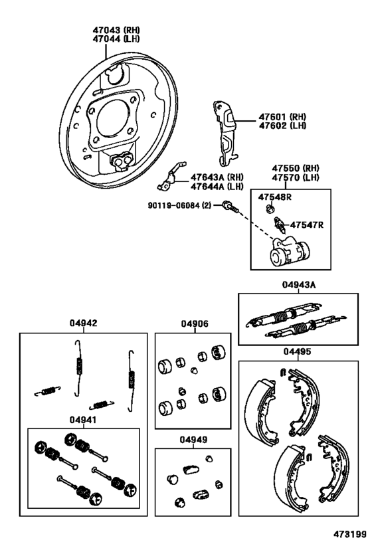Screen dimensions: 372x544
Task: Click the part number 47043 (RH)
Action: (x=116, y=30)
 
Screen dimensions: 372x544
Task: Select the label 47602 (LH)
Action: (x=282, y=126)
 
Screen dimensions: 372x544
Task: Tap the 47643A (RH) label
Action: (x=217, y=177)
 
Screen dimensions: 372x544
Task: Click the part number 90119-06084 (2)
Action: (x=179, y=206)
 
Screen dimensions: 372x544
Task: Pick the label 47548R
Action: (x=274, y=197)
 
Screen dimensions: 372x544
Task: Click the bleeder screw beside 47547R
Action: (x=280, y=225)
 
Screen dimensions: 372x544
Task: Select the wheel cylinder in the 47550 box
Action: (x=290, y=251)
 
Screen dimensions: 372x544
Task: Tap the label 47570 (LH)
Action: (x=296, y=177)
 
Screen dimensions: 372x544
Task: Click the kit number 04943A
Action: (x=299, y=285)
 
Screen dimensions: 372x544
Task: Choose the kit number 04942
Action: (x=83, y=323)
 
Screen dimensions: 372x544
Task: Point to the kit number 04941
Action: (x=83, y=420)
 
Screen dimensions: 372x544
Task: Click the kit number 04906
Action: (x=195, y=323)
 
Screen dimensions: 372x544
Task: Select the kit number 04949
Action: (x=193, y=440)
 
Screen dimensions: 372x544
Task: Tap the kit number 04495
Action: (x=297, y=351)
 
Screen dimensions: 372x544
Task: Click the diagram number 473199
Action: (x=350, y=533)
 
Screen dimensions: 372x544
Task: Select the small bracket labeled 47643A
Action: (x=171, y=176)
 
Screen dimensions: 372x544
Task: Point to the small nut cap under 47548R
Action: (x=270, y=209)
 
